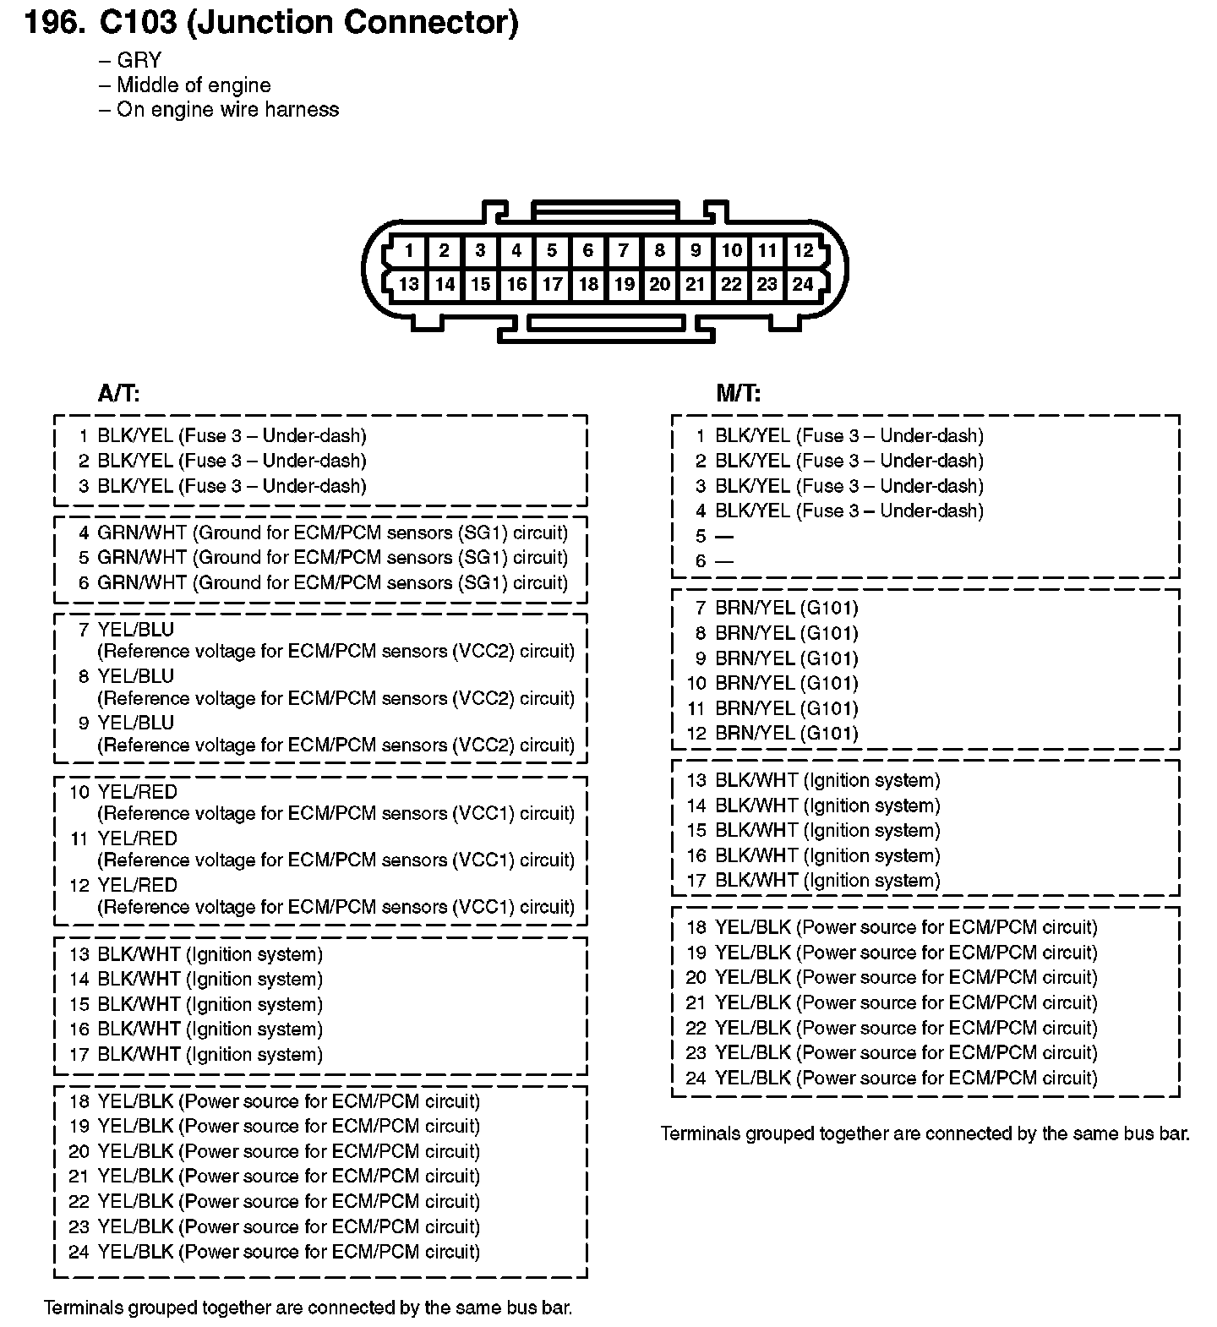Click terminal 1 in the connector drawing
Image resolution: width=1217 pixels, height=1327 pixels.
click(409, 250)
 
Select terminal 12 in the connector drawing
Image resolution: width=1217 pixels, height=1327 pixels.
click(803, 250)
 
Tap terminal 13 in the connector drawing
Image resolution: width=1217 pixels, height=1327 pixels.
click(409, 284)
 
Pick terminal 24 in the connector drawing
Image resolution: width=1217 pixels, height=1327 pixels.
click(803, 284)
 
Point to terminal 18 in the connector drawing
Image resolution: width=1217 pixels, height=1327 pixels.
click(588, 284)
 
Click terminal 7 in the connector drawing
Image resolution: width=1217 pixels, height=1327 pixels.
click(624, 250)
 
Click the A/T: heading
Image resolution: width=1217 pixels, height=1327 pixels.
click(119, 393)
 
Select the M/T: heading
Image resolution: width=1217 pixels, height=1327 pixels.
click(738, 393)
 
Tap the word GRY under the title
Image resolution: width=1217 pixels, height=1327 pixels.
click(139, 60)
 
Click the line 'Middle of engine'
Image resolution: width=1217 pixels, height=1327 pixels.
click(194, 85)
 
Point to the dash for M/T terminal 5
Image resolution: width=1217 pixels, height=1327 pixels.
click(724, 537)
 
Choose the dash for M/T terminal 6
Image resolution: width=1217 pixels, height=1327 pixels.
click(724, 561)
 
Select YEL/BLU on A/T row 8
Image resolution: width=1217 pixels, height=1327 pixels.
click(136, 676)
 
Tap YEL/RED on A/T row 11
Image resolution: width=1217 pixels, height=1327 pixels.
click(138, 838)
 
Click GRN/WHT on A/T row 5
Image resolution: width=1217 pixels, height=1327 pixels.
click(142, 558)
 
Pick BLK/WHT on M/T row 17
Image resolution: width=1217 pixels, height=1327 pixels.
click(756, 881)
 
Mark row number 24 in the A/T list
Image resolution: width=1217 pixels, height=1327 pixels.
click(79, 1252)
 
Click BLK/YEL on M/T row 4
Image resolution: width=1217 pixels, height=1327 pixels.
click(753, 511)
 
